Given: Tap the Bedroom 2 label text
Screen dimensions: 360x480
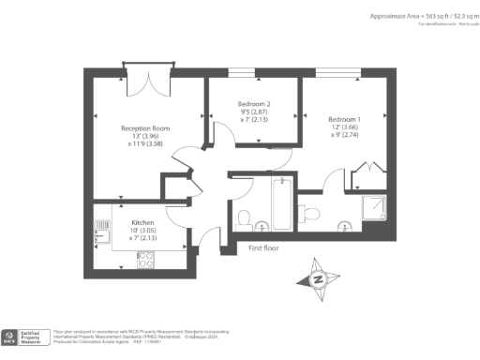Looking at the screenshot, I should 254,103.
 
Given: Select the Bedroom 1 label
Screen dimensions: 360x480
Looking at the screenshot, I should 344,119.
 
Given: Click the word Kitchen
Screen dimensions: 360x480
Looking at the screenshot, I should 129,222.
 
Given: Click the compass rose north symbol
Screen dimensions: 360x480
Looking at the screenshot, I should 318,279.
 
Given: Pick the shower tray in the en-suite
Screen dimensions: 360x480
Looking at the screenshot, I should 376,207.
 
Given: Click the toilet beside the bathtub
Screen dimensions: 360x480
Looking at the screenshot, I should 244,218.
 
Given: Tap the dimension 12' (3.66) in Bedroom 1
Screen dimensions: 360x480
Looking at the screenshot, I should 344,127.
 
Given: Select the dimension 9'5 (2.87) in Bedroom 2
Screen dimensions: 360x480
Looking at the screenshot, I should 254,112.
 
